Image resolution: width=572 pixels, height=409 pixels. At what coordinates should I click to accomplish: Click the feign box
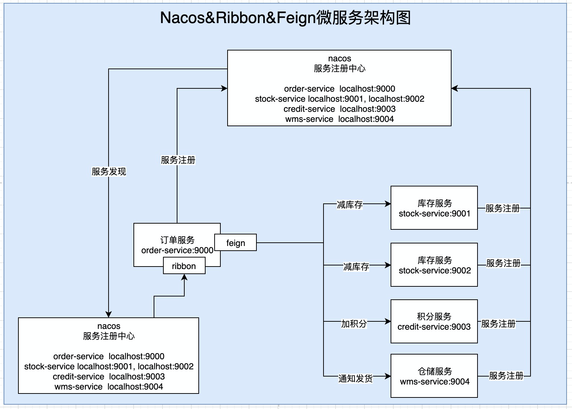pos(236,242)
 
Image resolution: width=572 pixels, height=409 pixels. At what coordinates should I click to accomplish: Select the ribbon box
pos(184,266)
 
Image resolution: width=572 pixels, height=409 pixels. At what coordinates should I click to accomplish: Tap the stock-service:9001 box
pos(434,208)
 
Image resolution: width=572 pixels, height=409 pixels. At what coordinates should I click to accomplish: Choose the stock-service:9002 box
pos(434,265)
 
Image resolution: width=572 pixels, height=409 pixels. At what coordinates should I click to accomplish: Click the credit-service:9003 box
pos(434,321)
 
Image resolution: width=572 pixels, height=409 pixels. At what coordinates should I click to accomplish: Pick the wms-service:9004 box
pos(434,376)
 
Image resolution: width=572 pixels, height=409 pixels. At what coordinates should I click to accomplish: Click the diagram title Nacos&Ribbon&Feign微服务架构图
pos(285,18)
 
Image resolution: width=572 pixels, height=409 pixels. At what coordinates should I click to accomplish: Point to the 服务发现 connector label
pos(109,172)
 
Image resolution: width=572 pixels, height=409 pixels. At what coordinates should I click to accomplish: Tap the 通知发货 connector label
pos(355,378)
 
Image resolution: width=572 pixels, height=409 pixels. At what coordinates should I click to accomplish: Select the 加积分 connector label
pos(354,324)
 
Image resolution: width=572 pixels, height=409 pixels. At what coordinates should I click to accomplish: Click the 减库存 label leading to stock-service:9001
pos(349,204)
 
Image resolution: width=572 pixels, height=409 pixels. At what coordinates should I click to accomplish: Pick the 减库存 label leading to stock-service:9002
pos(356,267)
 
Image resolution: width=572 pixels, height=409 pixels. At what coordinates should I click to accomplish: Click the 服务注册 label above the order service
pos(178,160)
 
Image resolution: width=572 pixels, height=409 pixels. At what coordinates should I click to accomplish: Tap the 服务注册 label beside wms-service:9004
pos(506,376)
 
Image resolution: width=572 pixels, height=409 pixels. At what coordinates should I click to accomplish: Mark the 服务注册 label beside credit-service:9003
pos(498,324)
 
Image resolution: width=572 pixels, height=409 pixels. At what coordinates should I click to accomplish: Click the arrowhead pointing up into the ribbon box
pos(184,277)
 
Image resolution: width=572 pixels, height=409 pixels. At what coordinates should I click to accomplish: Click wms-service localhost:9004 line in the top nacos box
pos(339,119)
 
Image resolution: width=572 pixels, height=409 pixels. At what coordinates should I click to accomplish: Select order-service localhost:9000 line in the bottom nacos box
pos(109,356)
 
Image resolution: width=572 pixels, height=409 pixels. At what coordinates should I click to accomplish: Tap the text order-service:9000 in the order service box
pos(177,250)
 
